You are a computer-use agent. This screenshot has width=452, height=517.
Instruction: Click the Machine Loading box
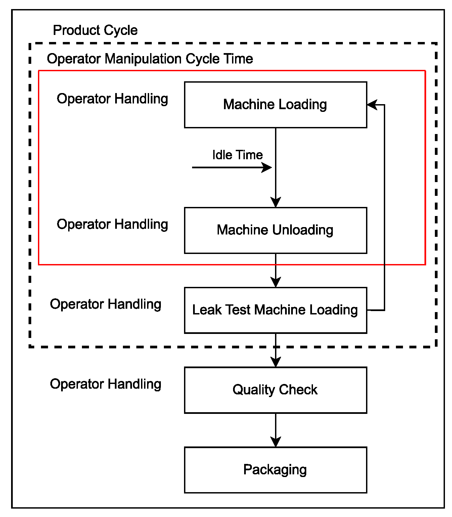tap(275, 104)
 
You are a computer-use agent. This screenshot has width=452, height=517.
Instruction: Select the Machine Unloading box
tap(275, 230)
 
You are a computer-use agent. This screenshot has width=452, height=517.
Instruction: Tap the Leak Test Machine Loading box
tap(275, 310)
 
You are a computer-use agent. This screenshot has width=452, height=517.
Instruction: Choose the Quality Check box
tap(275, 390)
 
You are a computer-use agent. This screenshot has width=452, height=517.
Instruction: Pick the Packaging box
tap(275, 470)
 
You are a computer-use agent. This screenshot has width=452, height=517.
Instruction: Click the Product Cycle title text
tap(95, 30)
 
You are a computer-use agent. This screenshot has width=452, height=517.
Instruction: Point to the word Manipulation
tap(144, 59)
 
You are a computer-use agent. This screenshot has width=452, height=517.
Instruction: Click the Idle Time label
tap(237, 155)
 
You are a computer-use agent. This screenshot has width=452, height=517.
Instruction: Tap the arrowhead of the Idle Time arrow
tap(267, 167)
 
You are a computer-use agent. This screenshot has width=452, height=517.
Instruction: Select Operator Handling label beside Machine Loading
tap(112, 99)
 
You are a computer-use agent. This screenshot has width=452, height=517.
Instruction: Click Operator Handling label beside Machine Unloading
tap(112, 224)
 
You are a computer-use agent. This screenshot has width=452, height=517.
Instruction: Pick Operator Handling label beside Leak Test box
tap(105, 304)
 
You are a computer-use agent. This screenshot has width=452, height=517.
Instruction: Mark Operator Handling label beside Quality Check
tap(105, 384)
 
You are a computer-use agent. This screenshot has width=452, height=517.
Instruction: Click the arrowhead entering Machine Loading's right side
tap(372, 104)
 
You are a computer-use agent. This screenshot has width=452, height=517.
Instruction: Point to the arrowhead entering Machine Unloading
tap(276, 203)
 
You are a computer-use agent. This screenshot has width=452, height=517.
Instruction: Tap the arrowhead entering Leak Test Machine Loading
tap(276, 283)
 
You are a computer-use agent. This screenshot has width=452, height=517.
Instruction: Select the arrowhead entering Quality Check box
tap(276, 362)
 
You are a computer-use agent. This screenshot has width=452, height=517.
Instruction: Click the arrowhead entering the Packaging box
tap(276, 442)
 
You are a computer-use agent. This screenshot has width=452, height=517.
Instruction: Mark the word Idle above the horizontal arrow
tap(222, 155)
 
